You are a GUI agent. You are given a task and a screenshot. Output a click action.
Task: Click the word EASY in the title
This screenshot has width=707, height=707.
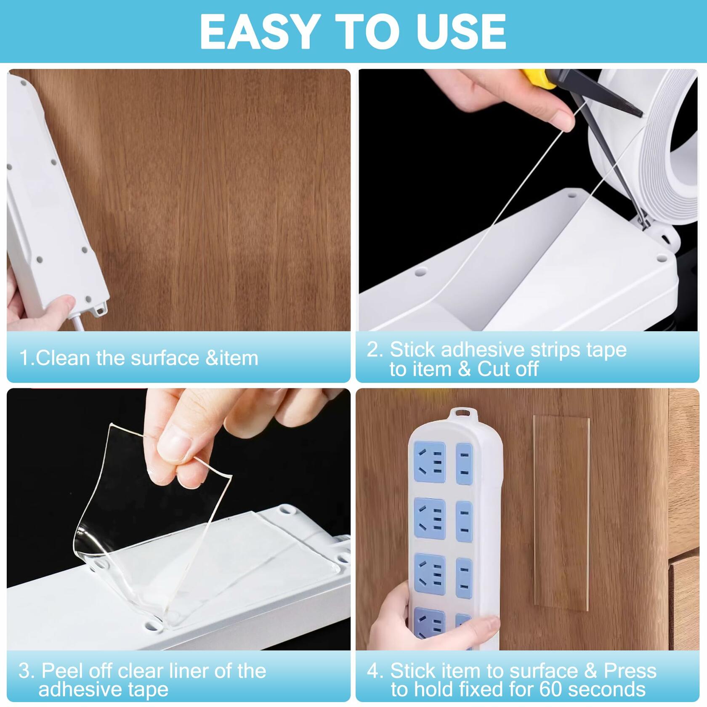point(257,32)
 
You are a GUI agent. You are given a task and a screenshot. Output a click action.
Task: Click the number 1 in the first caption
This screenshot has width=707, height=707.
point(25,358)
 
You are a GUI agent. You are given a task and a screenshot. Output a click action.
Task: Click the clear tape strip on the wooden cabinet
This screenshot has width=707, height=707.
point(561,513)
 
